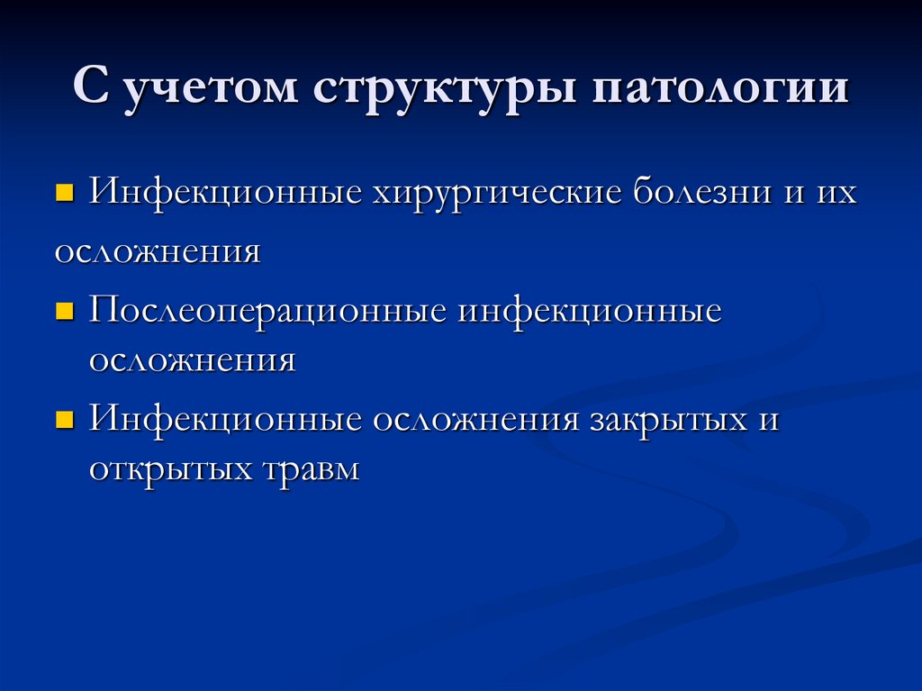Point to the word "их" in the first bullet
click(837, 193)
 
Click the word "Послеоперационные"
click(267, 313)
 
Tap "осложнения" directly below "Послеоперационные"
click(192, 360)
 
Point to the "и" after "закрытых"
click(768, 420)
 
